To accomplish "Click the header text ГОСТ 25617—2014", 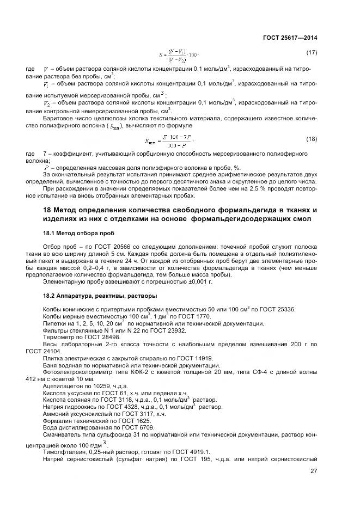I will [x=289, y=38].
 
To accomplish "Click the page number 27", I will [x=313, y=471].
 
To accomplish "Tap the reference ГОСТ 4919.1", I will [x=195, y=452].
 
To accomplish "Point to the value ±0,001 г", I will [x=195, y=283].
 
